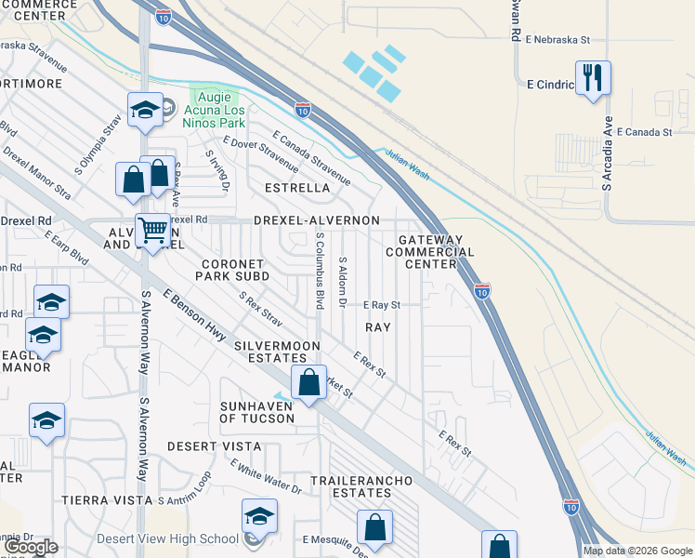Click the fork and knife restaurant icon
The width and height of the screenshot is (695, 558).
[593, 77]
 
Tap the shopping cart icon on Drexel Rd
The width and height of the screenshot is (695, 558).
[152, 229]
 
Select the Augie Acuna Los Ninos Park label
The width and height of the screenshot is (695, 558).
[215, 109]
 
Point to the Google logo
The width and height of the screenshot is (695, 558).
[32, 547]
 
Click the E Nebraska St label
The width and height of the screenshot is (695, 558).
[557, 40]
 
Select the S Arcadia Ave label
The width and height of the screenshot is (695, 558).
[607, 154]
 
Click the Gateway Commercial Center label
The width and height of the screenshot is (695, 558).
[436, 252]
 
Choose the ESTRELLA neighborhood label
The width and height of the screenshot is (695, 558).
[297, 188]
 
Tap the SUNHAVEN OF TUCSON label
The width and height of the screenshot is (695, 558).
[256, 412]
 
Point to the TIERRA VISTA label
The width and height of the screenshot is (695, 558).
[106, 499]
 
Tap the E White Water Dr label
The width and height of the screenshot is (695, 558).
[266, 477]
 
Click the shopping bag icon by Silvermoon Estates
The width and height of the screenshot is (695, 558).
[308, 382]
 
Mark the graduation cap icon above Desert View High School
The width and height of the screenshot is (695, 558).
[259, 516]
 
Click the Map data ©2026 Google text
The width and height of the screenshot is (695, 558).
[637, 551]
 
